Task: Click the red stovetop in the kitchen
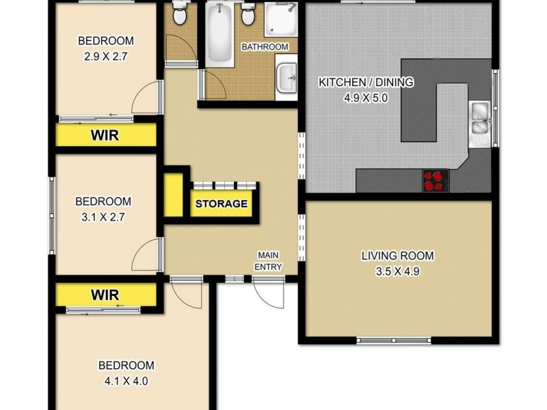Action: pyautogui.click(x=433, y=180)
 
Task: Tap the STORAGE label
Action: pyautogui.click(x=222, y=204)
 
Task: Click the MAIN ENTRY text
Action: pyautogui.click(x=268, y=261)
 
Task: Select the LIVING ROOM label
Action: pyautogui.click(x=397, y=256)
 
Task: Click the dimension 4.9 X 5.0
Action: pyautogui.click(x=365, y=98)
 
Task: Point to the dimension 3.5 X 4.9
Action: pyautogui.click(x=397, y=271)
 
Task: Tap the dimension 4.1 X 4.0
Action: pyautogui.click(x=126, y=381)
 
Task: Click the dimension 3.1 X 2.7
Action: pyautogui.click(x=103, y=217)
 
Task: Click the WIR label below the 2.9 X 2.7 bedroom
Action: pyautogui.click(x=105, y=135)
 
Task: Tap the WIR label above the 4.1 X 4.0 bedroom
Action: pyautogui.click(x=105, y=295)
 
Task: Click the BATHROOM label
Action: pyautogui.click(x=265, y=46)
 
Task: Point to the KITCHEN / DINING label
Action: pyautogui.click(x=366, y=83)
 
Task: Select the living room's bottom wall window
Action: pyautogui.click(x=395, y=340)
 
